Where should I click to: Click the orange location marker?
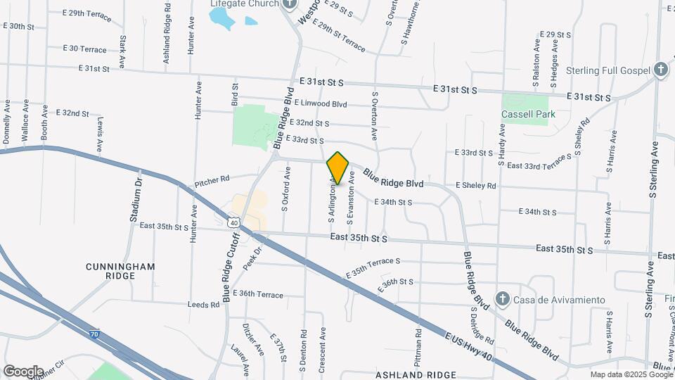338,168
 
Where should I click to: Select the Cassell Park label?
528,114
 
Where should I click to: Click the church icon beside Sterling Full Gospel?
660,70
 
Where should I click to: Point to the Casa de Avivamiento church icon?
502,300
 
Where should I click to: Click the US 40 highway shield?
233,222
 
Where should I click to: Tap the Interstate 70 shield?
94,334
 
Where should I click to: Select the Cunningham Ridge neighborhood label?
120,272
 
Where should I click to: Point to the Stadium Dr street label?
136,199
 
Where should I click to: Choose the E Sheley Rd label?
475,186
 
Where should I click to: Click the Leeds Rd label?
204,305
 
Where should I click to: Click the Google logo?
23,371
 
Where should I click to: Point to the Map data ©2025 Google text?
631,374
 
